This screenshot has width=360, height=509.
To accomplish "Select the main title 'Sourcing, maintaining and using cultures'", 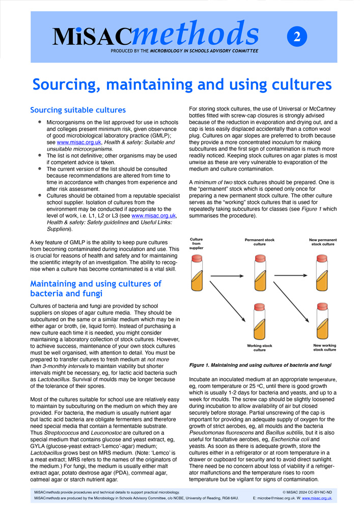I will click(x=182, y=84).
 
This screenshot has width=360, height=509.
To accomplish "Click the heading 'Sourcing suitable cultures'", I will click(x=78, y=110).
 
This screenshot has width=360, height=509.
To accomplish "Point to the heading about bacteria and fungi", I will click(x=95, y=289).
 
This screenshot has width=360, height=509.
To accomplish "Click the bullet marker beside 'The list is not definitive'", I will click(x=40, y=154).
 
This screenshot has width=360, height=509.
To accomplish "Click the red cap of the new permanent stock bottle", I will click(x=322, y=259).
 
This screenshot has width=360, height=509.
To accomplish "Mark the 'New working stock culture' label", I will click(x=324, y=348).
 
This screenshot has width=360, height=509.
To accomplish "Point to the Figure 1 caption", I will click(x=260, y=365).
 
